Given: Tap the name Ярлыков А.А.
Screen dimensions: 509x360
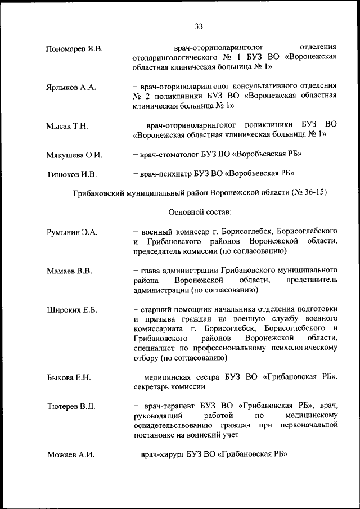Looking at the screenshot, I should tap(71, 87).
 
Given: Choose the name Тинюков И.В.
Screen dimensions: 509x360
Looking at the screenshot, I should tap(71, 174).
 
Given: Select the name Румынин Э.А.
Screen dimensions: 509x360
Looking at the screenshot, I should tap(72, 232).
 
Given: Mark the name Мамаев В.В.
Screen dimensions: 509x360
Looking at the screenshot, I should tap(69, 271).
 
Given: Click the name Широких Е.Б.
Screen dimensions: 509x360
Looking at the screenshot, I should tap(72, 309).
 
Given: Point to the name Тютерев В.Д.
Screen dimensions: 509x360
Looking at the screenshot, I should tap(71, 406).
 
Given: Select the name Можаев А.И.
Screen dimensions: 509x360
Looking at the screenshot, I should tap(70, 454).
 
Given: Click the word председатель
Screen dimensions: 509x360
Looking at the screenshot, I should tap(158, 251).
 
